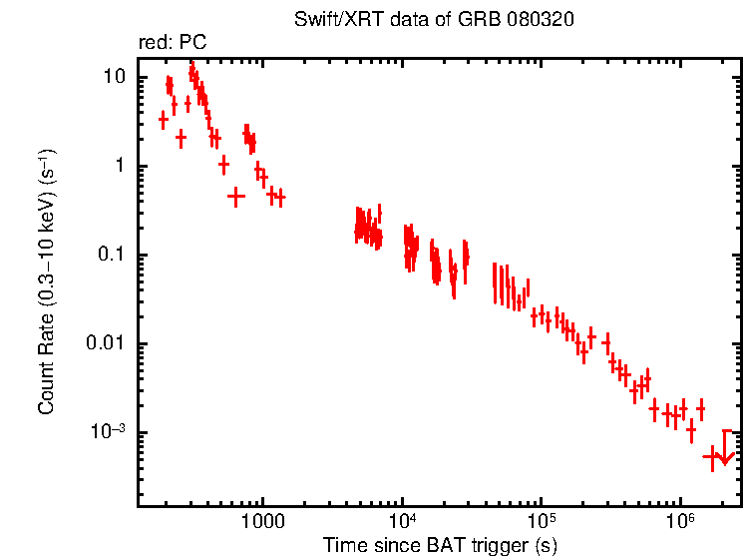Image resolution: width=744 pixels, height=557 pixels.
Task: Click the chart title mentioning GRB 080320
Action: point(434,20)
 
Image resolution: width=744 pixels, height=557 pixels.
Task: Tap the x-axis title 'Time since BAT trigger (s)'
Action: point(439,545)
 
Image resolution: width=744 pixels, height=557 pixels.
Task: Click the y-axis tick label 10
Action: point(117,78)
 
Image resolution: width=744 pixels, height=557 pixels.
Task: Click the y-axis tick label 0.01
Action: point(110,344)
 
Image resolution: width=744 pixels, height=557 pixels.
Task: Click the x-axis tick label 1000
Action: point(263,522)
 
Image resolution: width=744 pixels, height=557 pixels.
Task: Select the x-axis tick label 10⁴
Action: point(402,521)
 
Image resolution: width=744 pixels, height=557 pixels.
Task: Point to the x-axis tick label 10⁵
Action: point(541,521)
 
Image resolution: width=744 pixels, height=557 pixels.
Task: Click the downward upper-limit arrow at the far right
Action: point(726,455)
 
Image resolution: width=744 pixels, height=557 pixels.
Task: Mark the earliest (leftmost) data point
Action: point(164,120)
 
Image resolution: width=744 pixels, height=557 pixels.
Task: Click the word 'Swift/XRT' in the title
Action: point(328,20)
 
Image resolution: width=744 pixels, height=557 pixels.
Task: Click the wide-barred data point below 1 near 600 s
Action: point(235,197)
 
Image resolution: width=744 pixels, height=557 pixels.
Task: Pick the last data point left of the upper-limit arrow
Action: point(711,456)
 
